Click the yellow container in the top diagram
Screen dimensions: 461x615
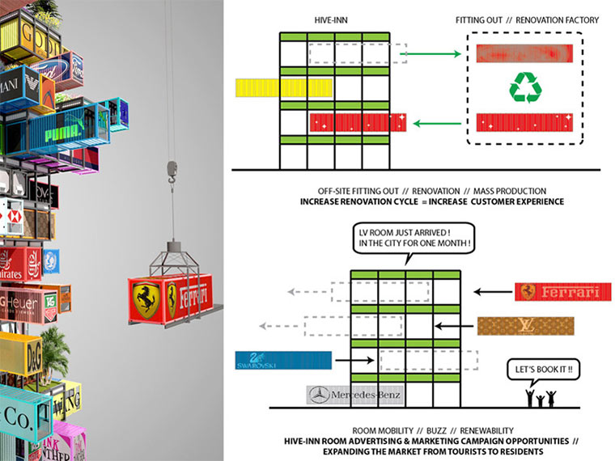click(x=267, y=88)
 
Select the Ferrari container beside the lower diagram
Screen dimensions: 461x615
click(x=562, y=291)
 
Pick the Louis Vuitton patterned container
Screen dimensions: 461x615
click(x=525, y=326)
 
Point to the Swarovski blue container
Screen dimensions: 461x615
click(x=272, y=362)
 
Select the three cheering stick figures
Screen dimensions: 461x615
click(x=541, y=398)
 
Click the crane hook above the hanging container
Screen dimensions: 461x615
click(x=171, y=169)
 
